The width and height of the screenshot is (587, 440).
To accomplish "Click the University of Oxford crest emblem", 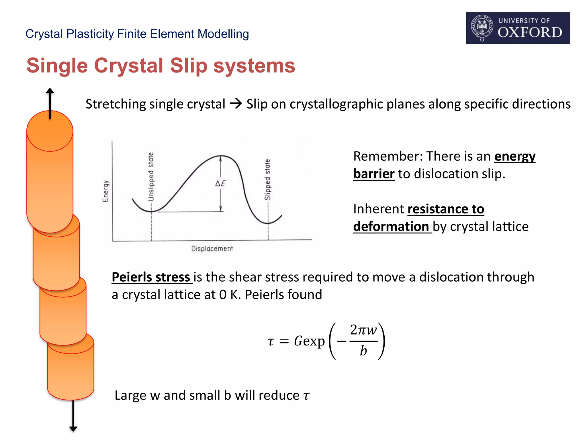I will point(482,28).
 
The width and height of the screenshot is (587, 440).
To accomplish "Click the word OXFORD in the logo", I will point(530,32).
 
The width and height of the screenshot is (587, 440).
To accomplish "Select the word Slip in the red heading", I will point(188,66).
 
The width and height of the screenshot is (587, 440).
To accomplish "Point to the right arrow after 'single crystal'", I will point(236,103).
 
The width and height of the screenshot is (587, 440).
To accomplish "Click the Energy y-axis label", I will point(105,191).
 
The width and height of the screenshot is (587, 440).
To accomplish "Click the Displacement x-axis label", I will point(212,248).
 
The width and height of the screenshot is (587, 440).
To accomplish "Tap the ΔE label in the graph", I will point(221,183).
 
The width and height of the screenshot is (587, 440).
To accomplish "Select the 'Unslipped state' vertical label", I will point(151,177).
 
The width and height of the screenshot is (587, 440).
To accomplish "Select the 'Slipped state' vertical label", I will point(267,180).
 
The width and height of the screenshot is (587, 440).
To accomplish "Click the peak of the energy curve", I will point(221,156).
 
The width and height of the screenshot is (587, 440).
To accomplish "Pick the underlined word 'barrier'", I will point(374,174).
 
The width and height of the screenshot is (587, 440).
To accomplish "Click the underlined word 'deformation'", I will point(391,227).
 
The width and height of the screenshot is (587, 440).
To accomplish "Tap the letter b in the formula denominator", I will point(363,351).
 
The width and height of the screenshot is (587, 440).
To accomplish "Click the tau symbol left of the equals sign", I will point(271,341).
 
